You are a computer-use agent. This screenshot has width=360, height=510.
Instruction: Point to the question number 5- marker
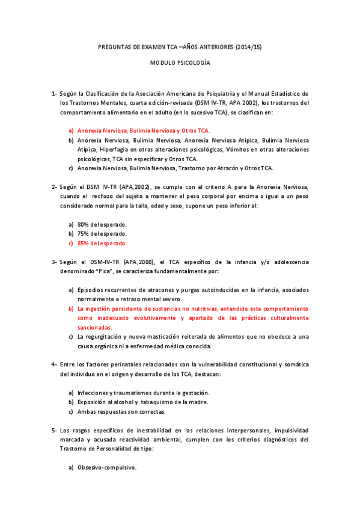click(x=55, y=431)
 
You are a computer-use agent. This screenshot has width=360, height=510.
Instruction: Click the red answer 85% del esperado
click(x=102, y=243)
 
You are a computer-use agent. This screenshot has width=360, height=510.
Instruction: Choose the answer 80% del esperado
click(x=102, y=224)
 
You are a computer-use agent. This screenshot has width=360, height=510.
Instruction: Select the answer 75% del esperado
click(x=102, y=233)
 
